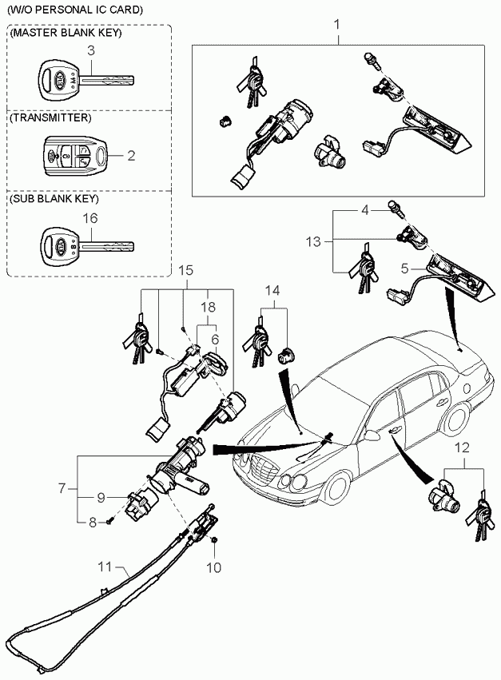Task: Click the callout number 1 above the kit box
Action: [337, 25]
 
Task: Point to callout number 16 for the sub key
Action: [90, 217]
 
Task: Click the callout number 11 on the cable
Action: [105, 567]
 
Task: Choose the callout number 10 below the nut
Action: [214, 567]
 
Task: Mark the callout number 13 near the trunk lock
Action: [313, 241]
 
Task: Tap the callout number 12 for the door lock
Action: [463, 447]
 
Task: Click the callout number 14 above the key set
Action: [272, 290]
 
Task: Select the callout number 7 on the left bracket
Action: [62, 489]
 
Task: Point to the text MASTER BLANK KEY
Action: [66, 33]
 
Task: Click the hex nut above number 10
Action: [214, 539]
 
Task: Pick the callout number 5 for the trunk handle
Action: [404, 268]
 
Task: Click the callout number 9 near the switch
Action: [101, 498]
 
